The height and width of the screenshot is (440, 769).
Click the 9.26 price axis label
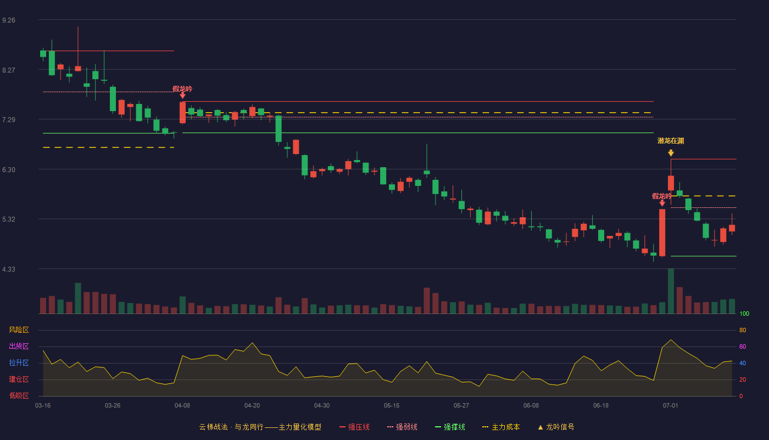click(x=9, y=20)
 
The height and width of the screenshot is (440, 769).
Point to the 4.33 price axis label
click(x=9, y=269)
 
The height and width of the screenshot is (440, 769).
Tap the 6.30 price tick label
click(x=9, y=170)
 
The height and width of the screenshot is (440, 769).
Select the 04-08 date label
click(x=182, y=406)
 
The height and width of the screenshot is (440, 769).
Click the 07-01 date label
click(x=671, y=406)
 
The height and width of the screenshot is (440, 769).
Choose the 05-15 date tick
click(x=392, y=406)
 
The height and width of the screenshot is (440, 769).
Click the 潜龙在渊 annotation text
click(x=671, y=141)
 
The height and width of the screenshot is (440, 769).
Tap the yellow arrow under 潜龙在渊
click(x=671, y=153)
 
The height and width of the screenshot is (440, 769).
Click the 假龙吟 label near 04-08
click(x=182, y=89)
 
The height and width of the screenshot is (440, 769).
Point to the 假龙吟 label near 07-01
click(x=661, y=196)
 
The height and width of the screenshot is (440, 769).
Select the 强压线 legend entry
click(x=355, y=427)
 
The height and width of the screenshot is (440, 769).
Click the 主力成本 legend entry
click(x=501, y=427)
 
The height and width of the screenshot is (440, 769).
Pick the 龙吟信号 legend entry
click(x=556, y=427)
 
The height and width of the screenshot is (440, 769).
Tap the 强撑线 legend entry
click(x=450, y=427)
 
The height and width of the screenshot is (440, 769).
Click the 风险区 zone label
click(x=19, y=330)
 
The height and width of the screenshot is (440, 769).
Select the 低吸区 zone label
click(x=19, y=396)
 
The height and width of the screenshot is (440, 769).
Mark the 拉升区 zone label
click(x=19, y=363)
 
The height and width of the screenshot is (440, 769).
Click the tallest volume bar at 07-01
click(x=671, y=291)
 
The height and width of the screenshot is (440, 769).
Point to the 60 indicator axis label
click(x=743, y=346)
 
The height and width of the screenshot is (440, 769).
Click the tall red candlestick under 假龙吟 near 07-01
click(x=662, y=233)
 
